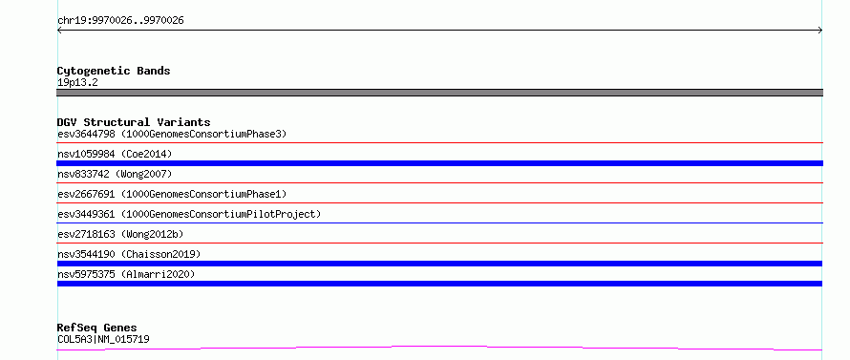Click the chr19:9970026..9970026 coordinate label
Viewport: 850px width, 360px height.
pyautogui.click(x=120, y=21)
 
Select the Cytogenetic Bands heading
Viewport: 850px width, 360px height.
pyautogui.click(x=114, y=71)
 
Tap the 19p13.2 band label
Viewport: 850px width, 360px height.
pyautogui.click(x=77, y=83)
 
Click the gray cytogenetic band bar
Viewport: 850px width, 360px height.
pyautogui.click(x=439, y=93)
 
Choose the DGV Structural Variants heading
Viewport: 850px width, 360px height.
pyautogui.click(x=134, y=122)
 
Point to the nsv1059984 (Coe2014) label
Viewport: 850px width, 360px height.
pyautogui.click(x=115, y=154)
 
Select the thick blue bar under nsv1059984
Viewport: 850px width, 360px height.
pyautogui.click(x=439, y=163)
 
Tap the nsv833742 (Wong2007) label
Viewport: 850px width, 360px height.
pyautogui.click(x=115, y=174)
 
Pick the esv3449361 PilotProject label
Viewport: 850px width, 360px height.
pyautogui.click(x=189, y=214)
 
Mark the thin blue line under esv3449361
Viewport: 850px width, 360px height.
pyautogui.click(x=439, y=222)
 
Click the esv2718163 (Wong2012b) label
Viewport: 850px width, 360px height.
pyautogui.click(x=120, y=234)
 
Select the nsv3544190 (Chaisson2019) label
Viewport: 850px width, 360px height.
pyautogui.click(x=129, y=254)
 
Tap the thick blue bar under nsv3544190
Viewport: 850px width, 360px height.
pyautogui.click(x=439, y=264)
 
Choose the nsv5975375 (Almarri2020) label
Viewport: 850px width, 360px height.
pyautogui.click(x=126, y=274)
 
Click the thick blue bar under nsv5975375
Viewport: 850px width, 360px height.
pyautogui.click(x=439, y=284)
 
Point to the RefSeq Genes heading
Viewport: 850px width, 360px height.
pyautogui.click(x=97, y=328)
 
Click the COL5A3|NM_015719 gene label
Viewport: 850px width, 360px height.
pyautogui.click(x=103, y=339)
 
